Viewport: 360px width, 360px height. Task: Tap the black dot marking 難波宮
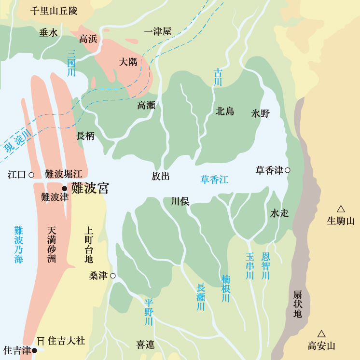[x=64, y=188]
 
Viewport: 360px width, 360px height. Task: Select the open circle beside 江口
[x=31, y=175]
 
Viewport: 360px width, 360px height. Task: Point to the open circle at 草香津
[x=288, y=170]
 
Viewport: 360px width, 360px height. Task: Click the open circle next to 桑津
[x=112, y=276]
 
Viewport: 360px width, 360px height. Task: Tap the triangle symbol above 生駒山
[x=341, y=209]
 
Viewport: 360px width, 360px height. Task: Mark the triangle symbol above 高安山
[x=321, y=333]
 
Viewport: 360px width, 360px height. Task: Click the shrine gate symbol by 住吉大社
[x=41, y=341]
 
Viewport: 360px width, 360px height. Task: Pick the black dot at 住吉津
[x=34, y=351]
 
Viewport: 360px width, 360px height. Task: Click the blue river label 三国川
[x=71, y=63]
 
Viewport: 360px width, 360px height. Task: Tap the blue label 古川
[x=218, y=78]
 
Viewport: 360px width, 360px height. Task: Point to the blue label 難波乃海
[x=19, y=245]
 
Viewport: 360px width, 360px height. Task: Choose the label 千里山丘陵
[x=54, y=11]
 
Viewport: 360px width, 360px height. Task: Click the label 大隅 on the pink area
[x=128, y=62]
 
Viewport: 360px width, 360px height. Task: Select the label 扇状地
[x=298, y=304]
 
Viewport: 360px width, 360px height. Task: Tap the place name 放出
[x=161, y=176]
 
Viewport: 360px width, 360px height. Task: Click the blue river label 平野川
[x=149, y=312]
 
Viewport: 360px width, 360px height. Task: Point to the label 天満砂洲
[x=52, y=245]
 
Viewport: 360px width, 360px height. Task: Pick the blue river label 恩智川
[x=265, y=265]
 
